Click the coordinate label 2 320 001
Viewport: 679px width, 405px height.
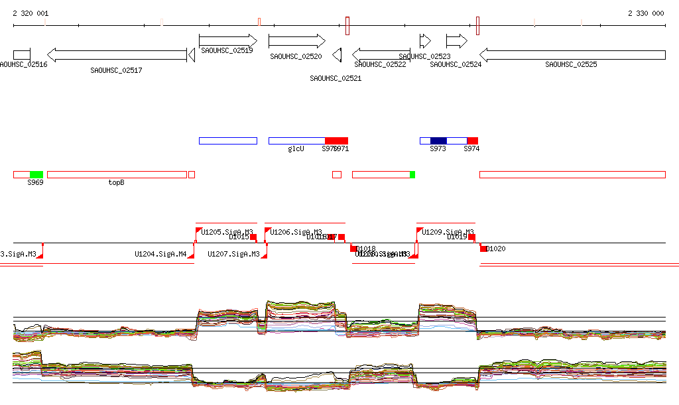[x=31, y=13]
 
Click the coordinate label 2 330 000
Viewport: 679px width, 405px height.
[x=646, y=13]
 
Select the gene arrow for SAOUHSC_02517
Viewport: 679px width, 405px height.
[x=117, y=55]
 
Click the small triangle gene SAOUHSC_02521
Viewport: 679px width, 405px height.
[x=338, y=55]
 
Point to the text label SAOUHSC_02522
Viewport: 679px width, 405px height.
[x=380, y=64]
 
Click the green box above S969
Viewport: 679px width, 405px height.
[x=36, y=174]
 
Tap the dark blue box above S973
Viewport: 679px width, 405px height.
[x=438, y=141]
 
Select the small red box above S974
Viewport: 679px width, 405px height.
[x=472, y=141]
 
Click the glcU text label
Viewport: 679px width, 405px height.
[x=296, y=149]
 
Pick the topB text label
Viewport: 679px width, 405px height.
[x=116, y=182]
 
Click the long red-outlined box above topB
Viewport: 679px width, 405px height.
[x=117, y=174]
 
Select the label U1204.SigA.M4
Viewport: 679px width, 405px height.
[x=160, y=254]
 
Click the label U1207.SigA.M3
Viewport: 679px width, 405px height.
[x=233, y=254]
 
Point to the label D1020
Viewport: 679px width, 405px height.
[x=496, y=249]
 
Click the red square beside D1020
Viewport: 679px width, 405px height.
[x=483, y=248]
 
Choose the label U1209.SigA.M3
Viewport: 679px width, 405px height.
[x=448, y=232]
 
